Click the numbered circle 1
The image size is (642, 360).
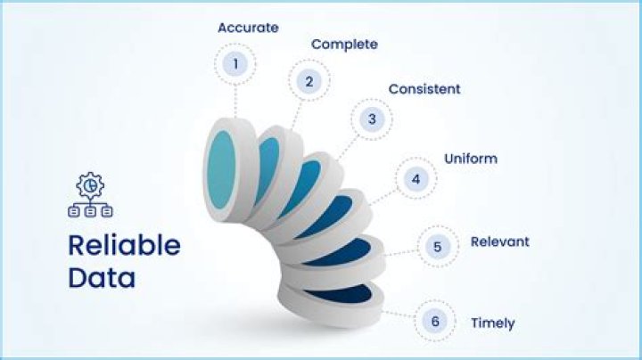point(236,64)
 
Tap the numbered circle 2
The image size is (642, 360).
point(309,83)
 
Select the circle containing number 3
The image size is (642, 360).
point(372,119)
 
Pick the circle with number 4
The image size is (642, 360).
point(416,178)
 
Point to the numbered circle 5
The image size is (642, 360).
point(436,247)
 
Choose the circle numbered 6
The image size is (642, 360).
point(435,321)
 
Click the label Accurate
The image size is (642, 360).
point(248,28)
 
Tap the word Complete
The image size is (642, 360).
point(344,44)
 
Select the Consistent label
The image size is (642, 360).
point(424,89)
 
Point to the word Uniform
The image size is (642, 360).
point(471,160)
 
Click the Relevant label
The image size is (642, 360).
point(499,241)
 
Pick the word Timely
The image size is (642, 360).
point(493,323)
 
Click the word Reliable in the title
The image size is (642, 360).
point(125,245)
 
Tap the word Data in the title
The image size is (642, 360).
point(103,277)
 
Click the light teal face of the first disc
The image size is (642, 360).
point(223,170)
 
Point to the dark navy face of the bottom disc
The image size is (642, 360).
point(338,293)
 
